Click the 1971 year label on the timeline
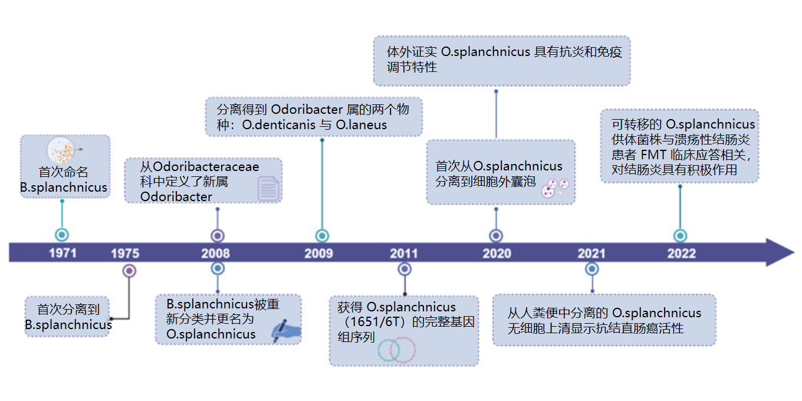tap(63, 254)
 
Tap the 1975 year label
tap(125, 254)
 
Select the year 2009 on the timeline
tap(318, 254)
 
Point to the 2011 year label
tap(404, 254)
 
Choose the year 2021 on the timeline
tap(591, 254)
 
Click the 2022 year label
tap(681, 254)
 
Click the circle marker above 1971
tap(62, 235)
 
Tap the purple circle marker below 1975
tap(129, 271)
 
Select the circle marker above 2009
tap(321, 236)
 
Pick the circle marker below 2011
tap(405, 269)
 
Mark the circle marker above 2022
tap(680, 236)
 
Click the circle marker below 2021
tap(592, 269)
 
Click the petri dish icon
tap(61, 151)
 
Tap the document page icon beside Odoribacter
tap(268, 188)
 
